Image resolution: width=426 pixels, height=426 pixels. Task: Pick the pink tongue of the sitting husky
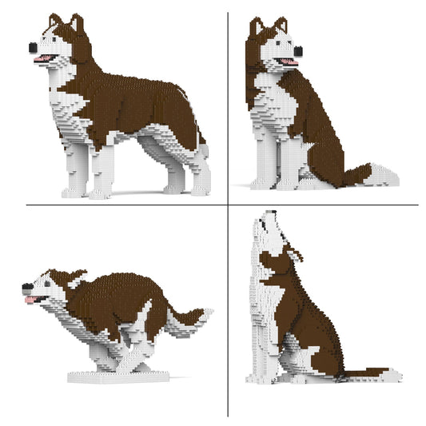(x=289, y=62)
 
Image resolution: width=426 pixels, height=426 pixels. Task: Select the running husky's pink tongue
(x=32, y=300)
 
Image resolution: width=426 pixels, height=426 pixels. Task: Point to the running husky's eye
(x=50, y=282)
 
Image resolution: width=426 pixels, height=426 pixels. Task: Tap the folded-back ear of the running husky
(x=78, y=277)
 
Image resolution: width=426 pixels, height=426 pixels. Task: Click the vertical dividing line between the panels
(x=228, y=120)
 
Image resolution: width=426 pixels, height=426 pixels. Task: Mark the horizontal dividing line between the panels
(x=120, y=205)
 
